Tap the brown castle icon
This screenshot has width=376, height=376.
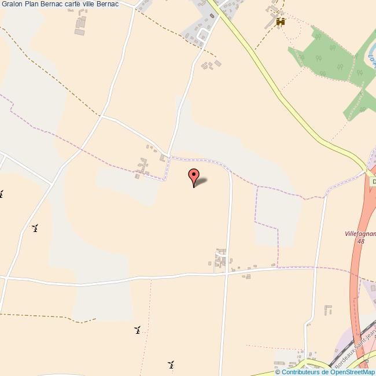coord(281,22)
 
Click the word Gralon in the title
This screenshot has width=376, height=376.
coord(13,4)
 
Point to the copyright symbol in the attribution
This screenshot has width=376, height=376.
coord(277,372)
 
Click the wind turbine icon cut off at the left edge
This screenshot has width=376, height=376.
coord(1,194)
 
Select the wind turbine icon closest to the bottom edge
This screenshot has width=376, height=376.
coord(171,364)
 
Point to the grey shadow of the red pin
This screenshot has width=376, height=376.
coord(202,183)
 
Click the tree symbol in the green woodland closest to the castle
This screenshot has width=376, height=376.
coord(318,36)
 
